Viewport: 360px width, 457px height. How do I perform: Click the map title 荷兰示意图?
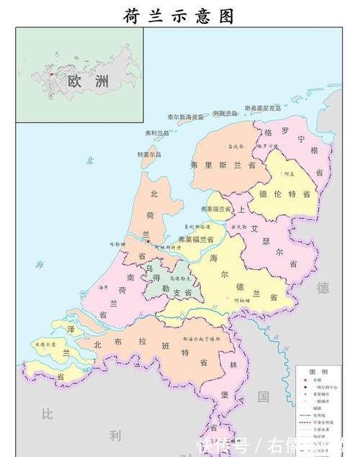(179, 15)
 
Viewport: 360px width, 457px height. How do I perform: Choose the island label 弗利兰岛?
(157, 133)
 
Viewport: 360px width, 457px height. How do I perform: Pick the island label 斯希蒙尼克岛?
(264, 109)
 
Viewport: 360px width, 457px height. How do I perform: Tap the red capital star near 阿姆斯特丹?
(149, 241)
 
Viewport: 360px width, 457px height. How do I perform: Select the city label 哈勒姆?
(117, 245)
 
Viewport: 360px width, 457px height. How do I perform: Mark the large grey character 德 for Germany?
(323, 288)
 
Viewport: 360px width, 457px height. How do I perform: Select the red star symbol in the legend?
(302, 379)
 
